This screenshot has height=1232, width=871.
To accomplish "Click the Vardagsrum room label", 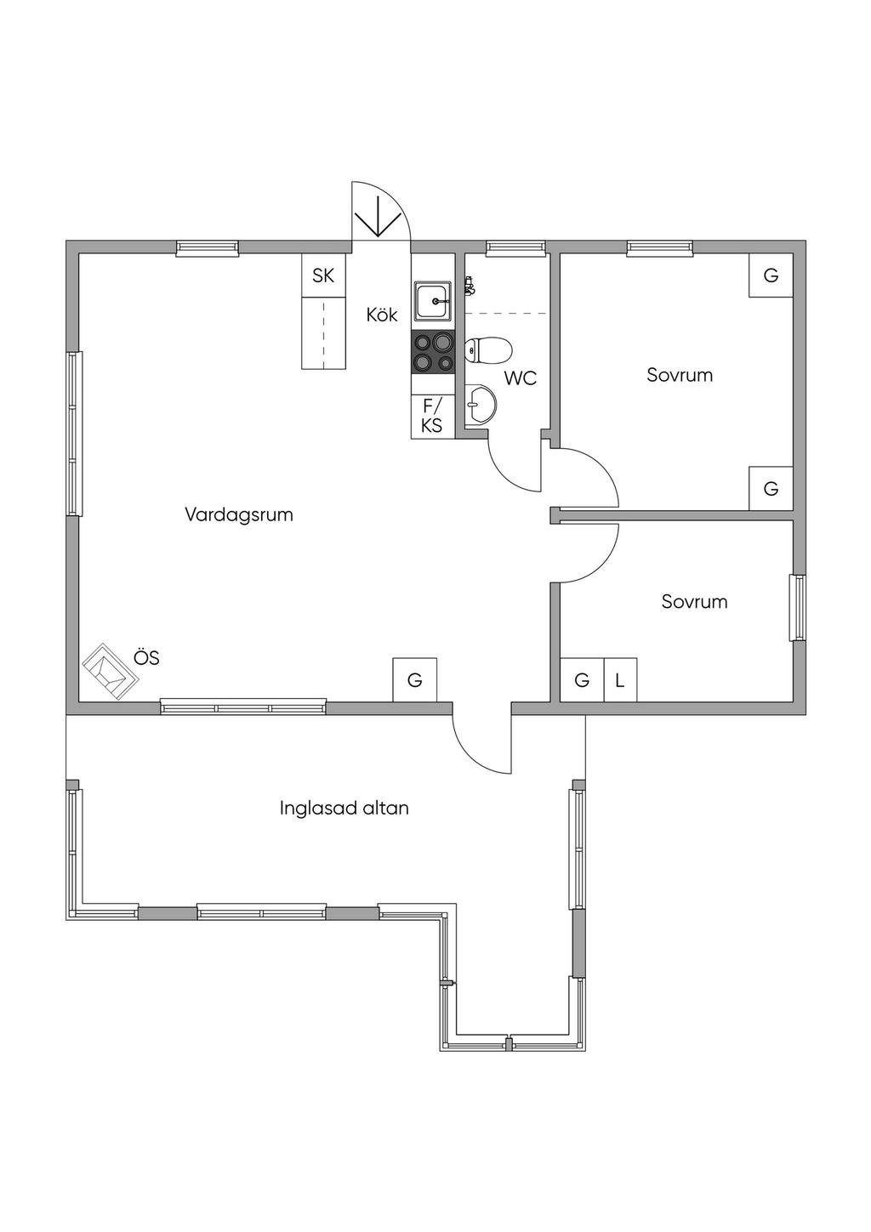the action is (x=239, y=515).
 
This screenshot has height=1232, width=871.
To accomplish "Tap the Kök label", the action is (x=382, y=315).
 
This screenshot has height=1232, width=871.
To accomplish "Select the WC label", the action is (x=520, y=378).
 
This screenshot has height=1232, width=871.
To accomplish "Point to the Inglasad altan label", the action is (x=344, y=808).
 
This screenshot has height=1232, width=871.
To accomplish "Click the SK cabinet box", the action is (x=323, y=275).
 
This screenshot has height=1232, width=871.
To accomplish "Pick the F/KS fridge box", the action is (x=432, y=417).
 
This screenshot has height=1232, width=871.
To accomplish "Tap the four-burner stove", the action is (x=433, y=352).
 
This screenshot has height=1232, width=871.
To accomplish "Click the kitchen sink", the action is (x=433, y=301).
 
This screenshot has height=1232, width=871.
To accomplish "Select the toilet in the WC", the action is (x=488, y=350).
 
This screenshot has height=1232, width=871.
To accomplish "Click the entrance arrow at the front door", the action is (x=378, y=217).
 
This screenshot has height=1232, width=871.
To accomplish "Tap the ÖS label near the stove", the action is (x=146, y=657).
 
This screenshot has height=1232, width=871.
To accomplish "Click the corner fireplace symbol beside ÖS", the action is (x=110, y=672).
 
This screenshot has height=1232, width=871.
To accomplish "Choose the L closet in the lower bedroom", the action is (x=620, y=680).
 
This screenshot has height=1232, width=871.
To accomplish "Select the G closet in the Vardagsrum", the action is (x=415, y=680).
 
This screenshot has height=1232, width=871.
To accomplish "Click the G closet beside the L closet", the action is (x=582, y=680).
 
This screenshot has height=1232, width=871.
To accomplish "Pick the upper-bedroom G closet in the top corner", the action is (x=771, y=275).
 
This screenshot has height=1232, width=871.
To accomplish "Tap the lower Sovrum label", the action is (x=694, y=602).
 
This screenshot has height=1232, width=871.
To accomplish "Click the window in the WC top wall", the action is (x=515, y=248).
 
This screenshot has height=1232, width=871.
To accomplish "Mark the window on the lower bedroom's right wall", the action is (x=798, y=608).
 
